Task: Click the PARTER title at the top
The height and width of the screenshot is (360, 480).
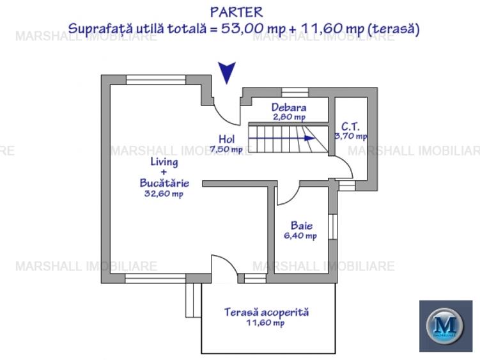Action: click(x=236, y=12)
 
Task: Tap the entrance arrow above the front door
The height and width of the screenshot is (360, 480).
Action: click(x=227, y=72)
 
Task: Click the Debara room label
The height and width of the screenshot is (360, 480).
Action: click(x=288, y=107)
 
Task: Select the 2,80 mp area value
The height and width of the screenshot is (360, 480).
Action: click(x=289, y=117)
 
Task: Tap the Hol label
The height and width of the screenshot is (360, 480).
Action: click(x=226, y=139)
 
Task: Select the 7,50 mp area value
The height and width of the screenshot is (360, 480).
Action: click(x=226, y=150)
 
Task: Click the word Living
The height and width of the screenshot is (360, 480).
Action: click(x=160, y=162)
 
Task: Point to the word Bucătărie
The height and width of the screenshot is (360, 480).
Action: click(x=164, y=183)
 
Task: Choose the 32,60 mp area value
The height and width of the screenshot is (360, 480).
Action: click(x=164, y=194)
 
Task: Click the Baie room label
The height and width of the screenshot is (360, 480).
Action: click(x=301, y=225)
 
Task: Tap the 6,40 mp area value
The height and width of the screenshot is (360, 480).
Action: click(x=300, y=235)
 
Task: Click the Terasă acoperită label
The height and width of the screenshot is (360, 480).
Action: click(x=266, y=312)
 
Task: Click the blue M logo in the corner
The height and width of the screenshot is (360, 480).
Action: click(x=445, y=326)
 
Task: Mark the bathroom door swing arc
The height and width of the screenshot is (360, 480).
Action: click(x=285, y=194)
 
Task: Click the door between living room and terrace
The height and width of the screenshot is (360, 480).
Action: click(x=221, y=267)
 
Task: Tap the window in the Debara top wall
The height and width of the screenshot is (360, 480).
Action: click(x=295, y=93)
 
